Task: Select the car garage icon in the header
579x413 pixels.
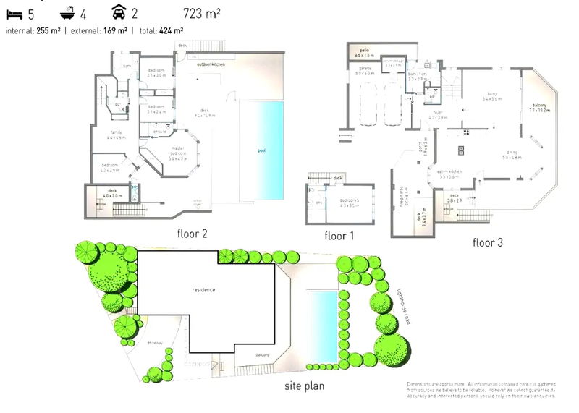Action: coord(118,12)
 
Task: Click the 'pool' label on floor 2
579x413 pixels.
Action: coord(261,151)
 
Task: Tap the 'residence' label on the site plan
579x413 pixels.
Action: coord(203,289)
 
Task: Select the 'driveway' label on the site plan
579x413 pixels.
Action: coord(154,343)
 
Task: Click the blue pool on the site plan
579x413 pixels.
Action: coord(322,325)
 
